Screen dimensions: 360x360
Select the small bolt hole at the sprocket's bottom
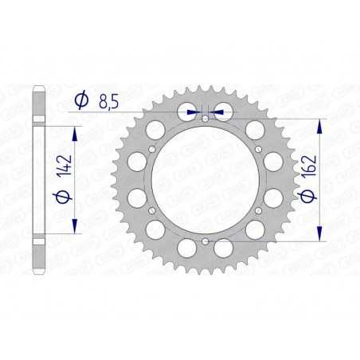pyautogui.click(x=205, y=241)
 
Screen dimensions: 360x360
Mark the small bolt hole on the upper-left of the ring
pyautogui.click(x=153, y=150)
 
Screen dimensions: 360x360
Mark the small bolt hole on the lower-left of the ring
pyautogui.click(x=153, y=210)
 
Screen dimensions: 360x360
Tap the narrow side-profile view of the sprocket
pyautogui.click(x=36, y=180)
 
